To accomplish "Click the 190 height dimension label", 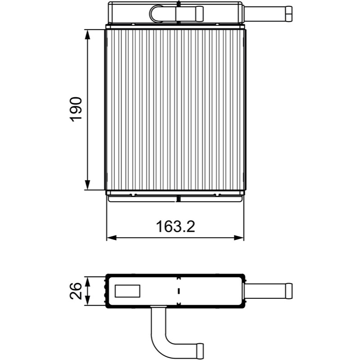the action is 76,109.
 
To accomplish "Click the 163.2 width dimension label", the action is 175,227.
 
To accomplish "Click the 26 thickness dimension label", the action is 76,291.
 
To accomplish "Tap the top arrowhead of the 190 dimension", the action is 87,35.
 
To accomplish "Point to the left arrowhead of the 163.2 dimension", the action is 112,238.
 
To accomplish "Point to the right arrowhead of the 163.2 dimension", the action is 238,238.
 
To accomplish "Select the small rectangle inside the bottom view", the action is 127,291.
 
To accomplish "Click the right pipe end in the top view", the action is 288,14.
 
